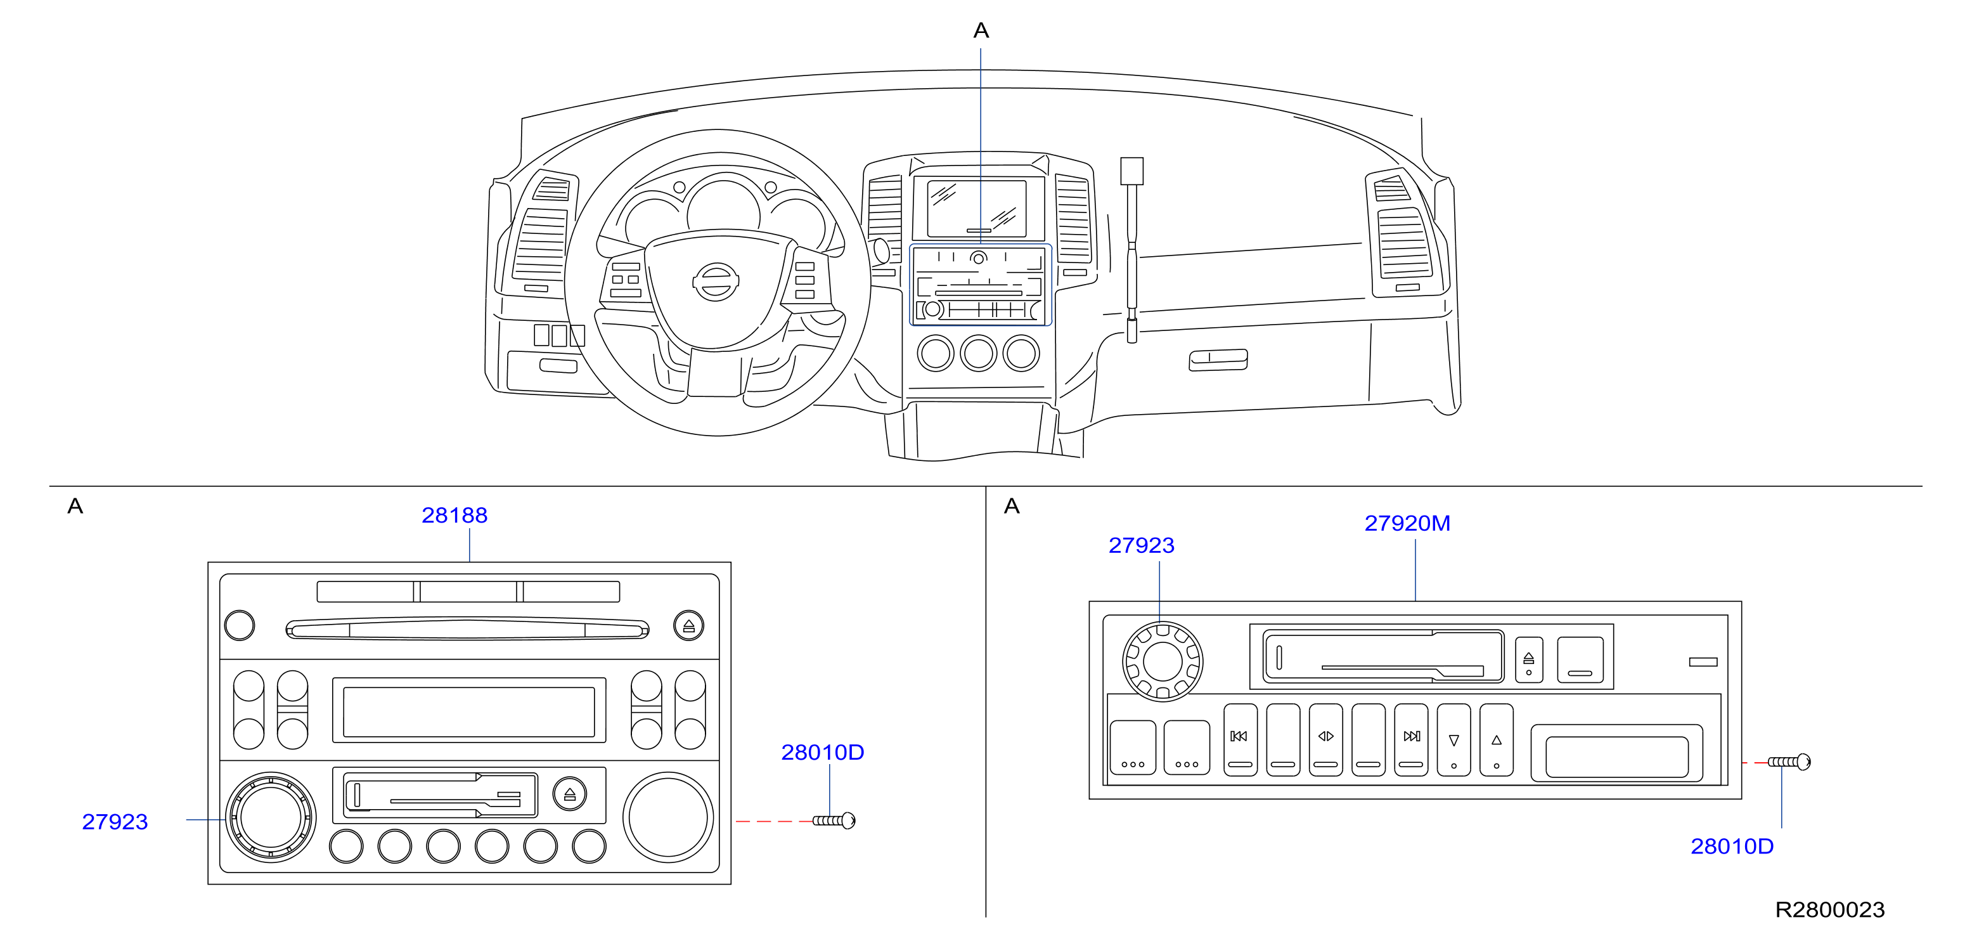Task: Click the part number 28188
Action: [x=454, y=516]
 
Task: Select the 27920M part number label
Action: [x=1407, y=523]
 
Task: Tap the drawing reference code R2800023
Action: [x=1829, y=909]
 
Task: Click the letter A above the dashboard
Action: [x=981, y=30]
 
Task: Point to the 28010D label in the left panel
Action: [x=822, y=752]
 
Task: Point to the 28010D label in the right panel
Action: [x=1732, y=846]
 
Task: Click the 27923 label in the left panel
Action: [x=115, y=822]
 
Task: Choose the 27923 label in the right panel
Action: [x=1142, y=545]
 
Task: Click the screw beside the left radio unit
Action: [x=834, y=821]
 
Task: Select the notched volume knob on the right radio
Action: [x=1162, y=661]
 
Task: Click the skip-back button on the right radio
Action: [x=1240, y=739]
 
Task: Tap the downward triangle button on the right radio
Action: [x=1453, y=739]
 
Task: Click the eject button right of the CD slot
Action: [x=688, y=626]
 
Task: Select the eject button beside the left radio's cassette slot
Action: [x=570, y=793]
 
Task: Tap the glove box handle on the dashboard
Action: [x=1218, y=360]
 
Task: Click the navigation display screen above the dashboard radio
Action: [x=977, y=208]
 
